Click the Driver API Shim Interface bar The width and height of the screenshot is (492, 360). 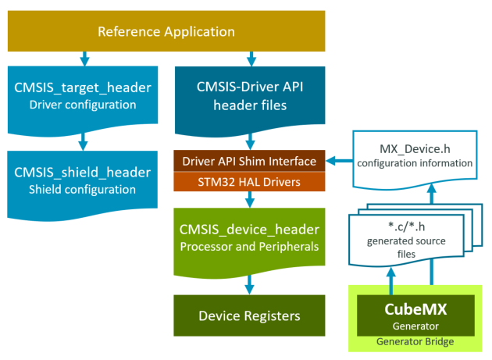point(249,162)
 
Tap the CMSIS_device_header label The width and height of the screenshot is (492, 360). point(249,229)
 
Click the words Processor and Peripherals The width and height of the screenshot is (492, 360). point(249,247)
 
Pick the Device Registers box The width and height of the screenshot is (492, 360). point(249,315)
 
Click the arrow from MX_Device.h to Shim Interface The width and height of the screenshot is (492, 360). point(337,162)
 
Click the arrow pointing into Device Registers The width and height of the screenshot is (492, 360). point(249,283)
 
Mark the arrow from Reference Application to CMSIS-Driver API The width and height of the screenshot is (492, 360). point(249,58)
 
